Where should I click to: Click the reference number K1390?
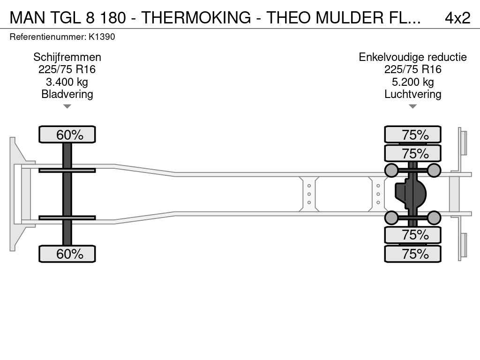click(102, 37)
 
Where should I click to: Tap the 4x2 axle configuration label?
click(457, 18)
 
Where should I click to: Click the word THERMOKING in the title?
click(196, 17)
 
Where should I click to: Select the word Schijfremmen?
click(67, 57)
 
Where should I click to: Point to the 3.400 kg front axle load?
click(67, 82)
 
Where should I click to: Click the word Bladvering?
click(67, 94)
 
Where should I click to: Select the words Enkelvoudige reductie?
click(412, 57)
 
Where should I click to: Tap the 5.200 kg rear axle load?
click(412, 82)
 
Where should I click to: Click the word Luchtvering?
click(412, 94)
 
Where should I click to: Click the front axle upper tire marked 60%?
click(67, 135)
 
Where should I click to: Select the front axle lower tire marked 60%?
click(67, 254)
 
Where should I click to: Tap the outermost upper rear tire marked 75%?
click(412, 135)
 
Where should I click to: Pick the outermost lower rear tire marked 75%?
click(412, 254)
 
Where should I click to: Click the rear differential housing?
click(410, 194)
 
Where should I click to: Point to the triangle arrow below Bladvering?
click(67, 106)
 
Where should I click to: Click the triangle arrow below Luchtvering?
click(412, 106)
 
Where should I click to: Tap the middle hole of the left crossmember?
click(309, 194)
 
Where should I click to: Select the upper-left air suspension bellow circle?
click(391, 170)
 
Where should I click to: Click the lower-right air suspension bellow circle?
click(434, 217)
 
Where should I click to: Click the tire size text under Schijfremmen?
click(67, 69)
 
